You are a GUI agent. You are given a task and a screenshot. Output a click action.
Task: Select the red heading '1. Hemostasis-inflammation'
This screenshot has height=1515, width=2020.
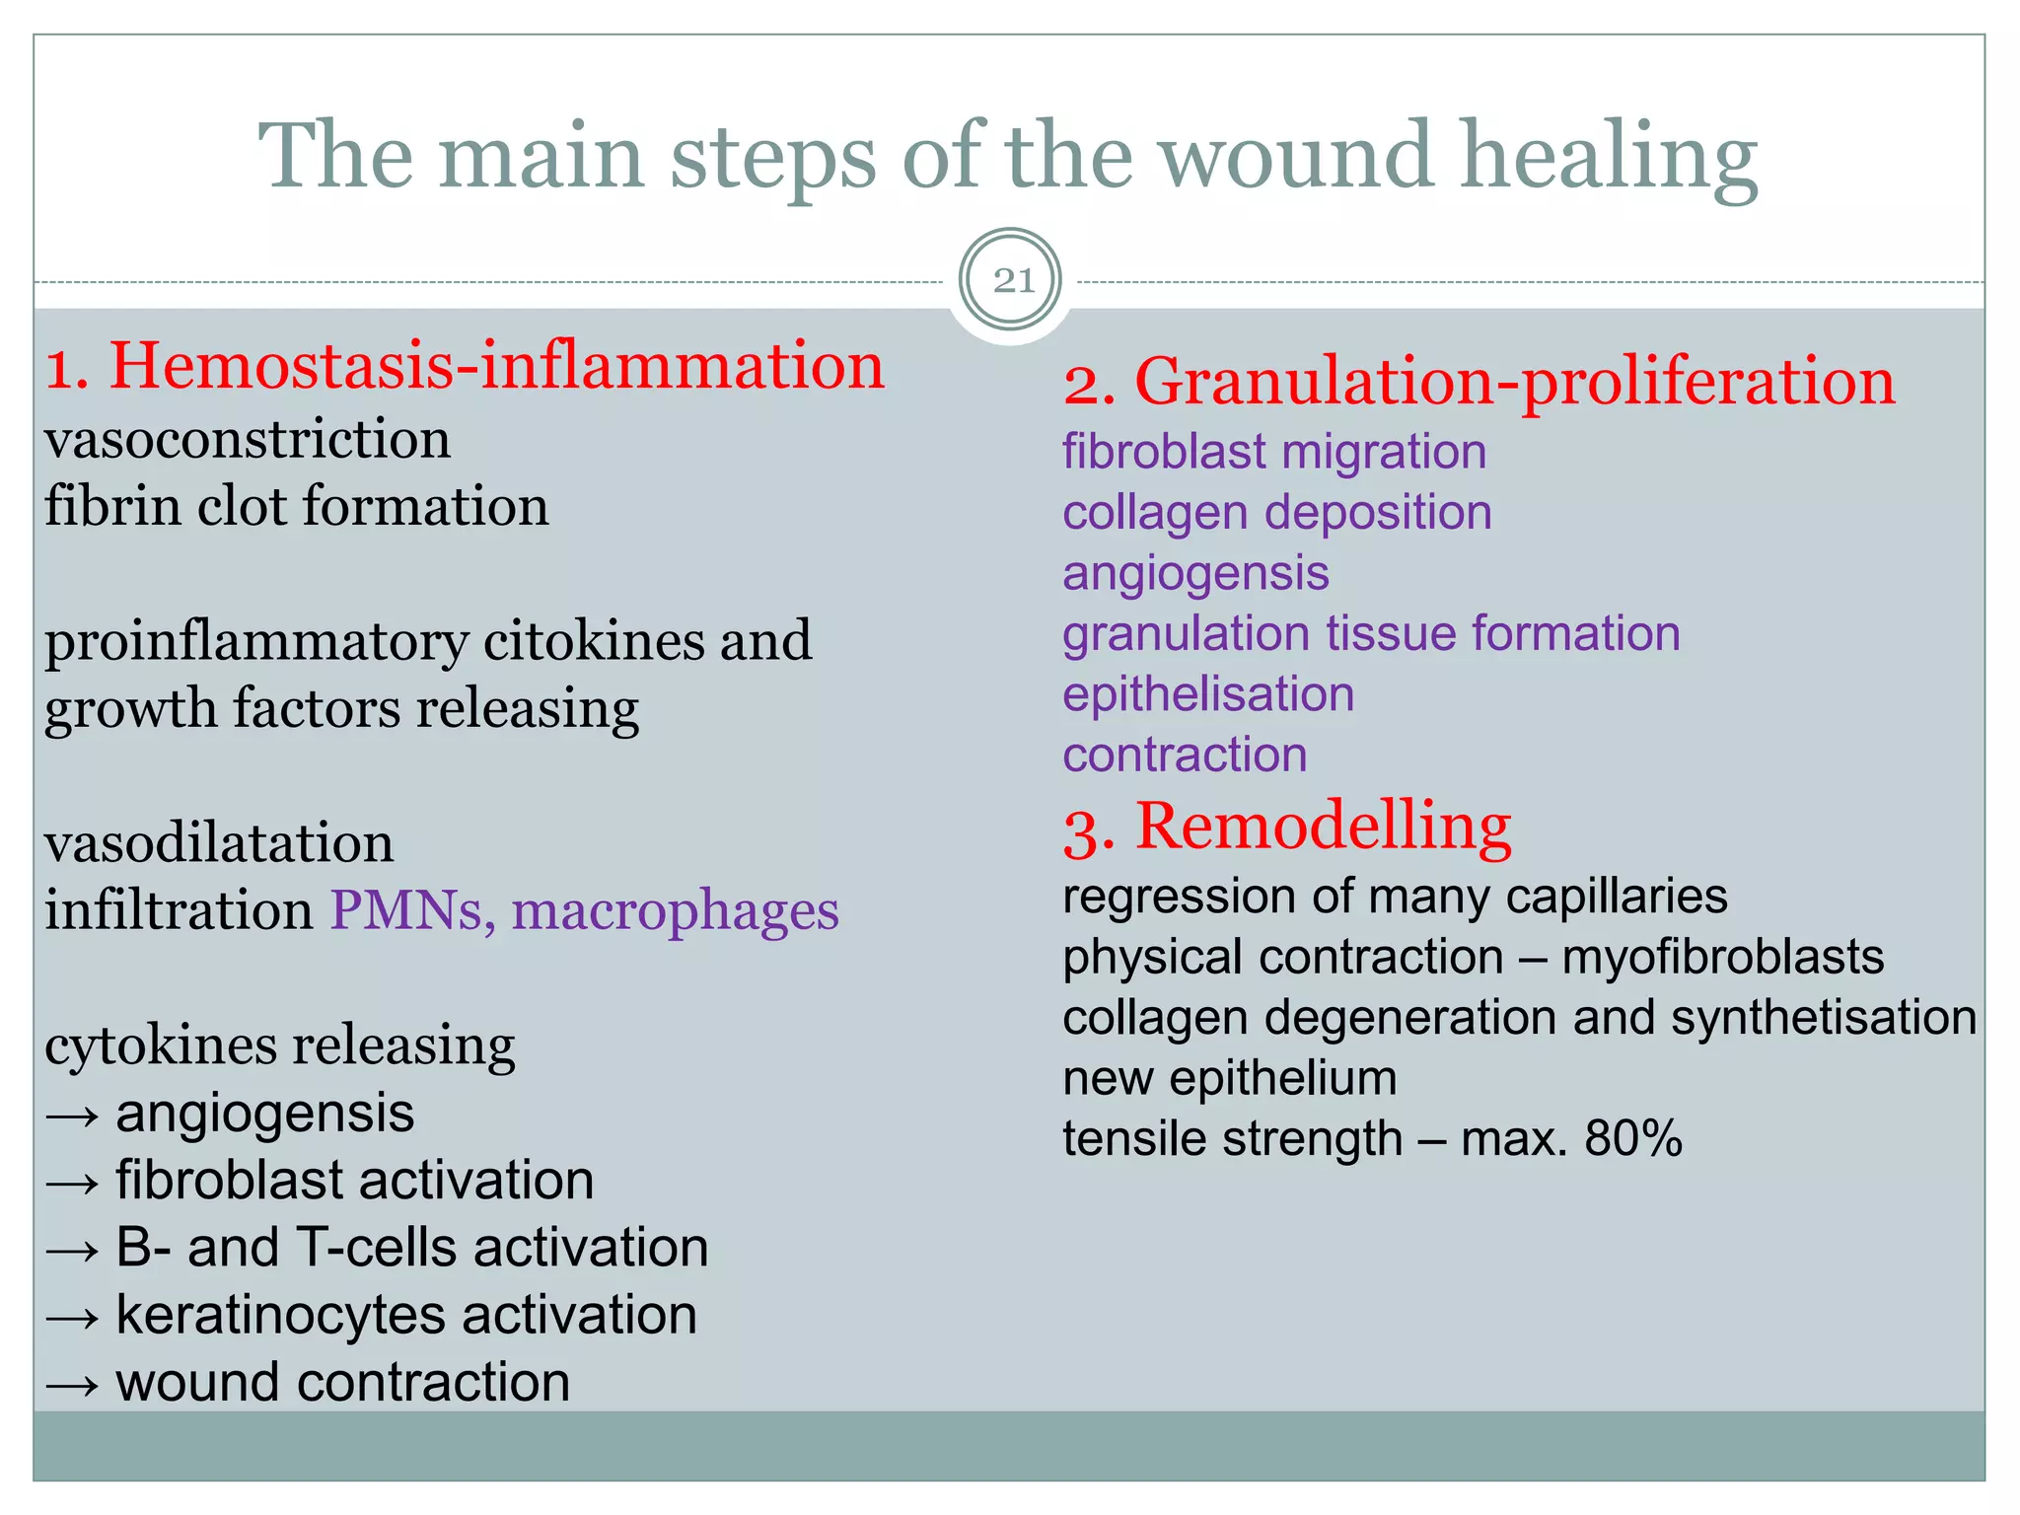(x=465, y=366)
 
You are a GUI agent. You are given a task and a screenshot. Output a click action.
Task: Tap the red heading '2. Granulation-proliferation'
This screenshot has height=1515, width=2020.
(x=1479, y=382)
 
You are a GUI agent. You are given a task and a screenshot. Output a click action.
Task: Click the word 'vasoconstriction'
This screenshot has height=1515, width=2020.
(x=248, y=439)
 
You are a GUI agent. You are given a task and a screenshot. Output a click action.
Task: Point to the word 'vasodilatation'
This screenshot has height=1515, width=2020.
(x=219, y=843)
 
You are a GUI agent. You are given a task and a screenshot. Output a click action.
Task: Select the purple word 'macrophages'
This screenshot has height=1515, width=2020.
(x=676, y=910)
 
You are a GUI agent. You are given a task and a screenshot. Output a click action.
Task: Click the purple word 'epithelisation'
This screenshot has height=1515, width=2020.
(x=1208, y=694)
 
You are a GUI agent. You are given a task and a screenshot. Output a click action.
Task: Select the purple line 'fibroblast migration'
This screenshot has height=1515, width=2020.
(x=1274, y=453)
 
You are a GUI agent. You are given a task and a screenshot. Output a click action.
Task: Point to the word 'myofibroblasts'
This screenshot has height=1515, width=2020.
(x=1723, y=958)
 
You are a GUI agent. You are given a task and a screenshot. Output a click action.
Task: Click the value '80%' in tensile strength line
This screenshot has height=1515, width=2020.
(x=1633, y=1139)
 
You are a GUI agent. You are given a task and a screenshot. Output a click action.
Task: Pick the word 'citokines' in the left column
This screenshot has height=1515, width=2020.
(x=594, y=641)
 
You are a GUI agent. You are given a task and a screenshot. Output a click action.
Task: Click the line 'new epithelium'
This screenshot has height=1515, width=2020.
(x=1229, y=1078)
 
